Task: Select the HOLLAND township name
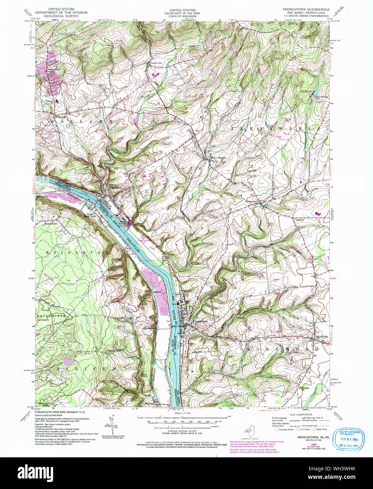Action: [83, 121]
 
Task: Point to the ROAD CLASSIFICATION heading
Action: [290, 414]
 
